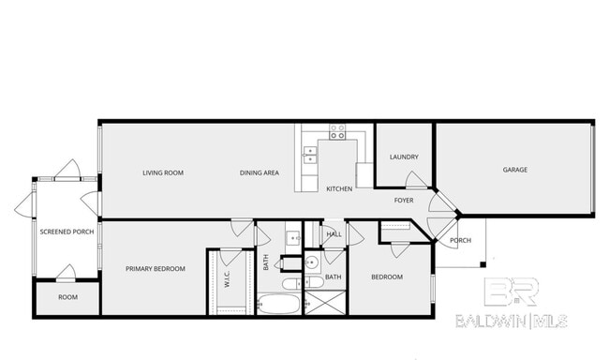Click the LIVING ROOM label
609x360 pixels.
pyautogui.click(x=162, y=172)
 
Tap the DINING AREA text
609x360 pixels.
pyautogui.click(x=259, y=172)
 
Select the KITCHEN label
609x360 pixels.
pyautogui.click(x=338, y=189)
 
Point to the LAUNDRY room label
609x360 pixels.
pyautogui.click(x=404, y=157)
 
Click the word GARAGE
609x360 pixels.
pyautogui.click(x=515, y=170)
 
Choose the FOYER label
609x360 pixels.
pyautogui.click(x=404, y=201)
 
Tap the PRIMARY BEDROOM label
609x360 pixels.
pyautogui.click(x=156, y=269)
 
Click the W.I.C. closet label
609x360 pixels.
pyautogui.click(x=226, y=277)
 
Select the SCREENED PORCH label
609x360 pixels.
pyautogui.click(x=66, y=232)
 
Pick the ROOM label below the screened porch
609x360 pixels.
pyautogui.click(x=67, y=297)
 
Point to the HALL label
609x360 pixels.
pyautogui.click(x=334, y=233)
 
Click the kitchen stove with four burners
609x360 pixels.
pyautogui.click(x=337, y=131)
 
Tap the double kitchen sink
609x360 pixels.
pyautogui.click(x=310, y=155)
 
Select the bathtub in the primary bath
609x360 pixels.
pyautogui.click(x=278, y=304)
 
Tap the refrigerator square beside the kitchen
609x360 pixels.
pyautogui.click(x=364, y=176)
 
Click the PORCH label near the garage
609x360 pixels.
pyautogui.click(x=460, y=240)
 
